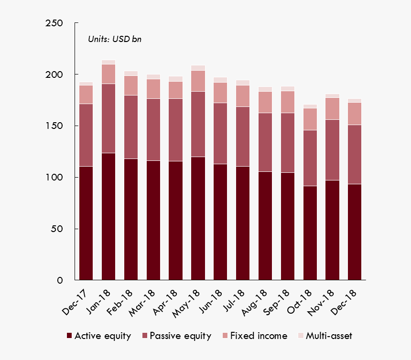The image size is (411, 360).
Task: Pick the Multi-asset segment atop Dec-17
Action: coord(86,84)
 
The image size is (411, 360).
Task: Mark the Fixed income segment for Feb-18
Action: coord(131,85)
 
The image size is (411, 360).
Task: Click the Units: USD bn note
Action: coord(114,39)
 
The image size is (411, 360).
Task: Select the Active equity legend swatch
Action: coord(70,336)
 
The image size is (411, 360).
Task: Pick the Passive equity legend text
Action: coord(180,336)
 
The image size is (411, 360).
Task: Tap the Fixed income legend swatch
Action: coord(225,336)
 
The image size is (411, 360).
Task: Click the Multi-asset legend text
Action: coord(328,336)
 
